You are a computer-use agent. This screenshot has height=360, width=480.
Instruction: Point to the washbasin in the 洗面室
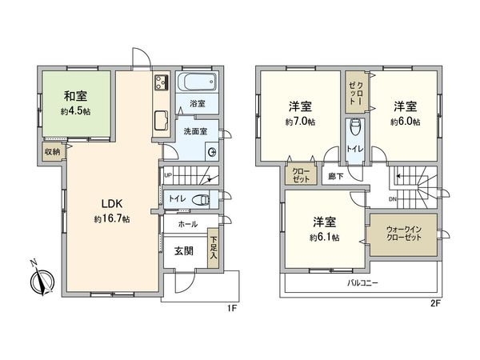coord(212,153)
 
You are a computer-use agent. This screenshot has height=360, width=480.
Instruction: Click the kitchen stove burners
coord(158,82)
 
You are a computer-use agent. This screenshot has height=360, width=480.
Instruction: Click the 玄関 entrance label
coord(184,251)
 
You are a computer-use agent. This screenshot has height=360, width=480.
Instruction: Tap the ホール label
coord(187,225)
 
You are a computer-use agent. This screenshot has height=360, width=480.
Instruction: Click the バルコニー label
coord(362,283)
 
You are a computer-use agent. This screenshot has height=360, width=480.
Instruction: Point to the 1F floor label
coord(231,307)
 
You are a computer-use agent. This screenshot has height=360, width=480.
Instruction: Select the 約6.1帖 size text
coord(324,238)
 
